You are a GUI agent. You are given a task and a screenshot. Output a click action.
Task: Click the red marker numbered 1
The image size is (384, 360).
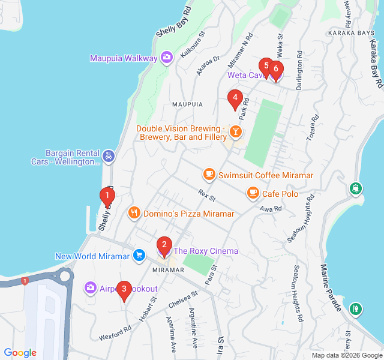coord(107,196)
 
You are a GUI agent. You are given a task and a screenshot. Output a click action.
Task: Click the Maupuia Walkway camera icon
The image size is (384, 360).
coord(167,58)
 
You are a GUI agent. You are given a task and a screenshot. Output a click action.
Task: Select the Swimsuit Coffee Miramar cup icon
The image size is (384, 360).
coord(209,175)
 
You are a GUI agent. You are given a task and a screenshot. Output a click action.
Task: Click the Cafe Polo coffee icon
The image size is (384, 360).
coord(253,193)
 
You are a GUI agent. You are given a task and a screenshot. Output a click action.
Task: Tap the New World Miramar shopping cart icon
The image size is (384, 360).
coord(139,256)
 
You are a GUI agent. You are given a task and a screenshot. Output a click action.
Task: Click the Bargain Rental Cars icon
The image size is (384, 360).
coord(108,157)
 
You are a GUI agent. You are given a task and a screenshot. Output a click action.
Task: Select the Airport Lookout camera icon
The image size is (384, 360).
coord(91,289)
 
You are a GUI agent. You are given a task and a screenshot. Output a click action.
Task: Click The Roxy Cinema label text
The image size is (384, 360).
coord(206,251)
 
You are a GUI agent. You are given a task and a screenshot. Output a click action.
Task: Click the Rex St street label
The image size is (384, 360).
coord(206,195)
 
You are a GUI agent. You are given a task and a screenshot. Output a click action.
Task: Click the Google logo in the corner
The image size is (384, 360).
coord(20,353)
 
